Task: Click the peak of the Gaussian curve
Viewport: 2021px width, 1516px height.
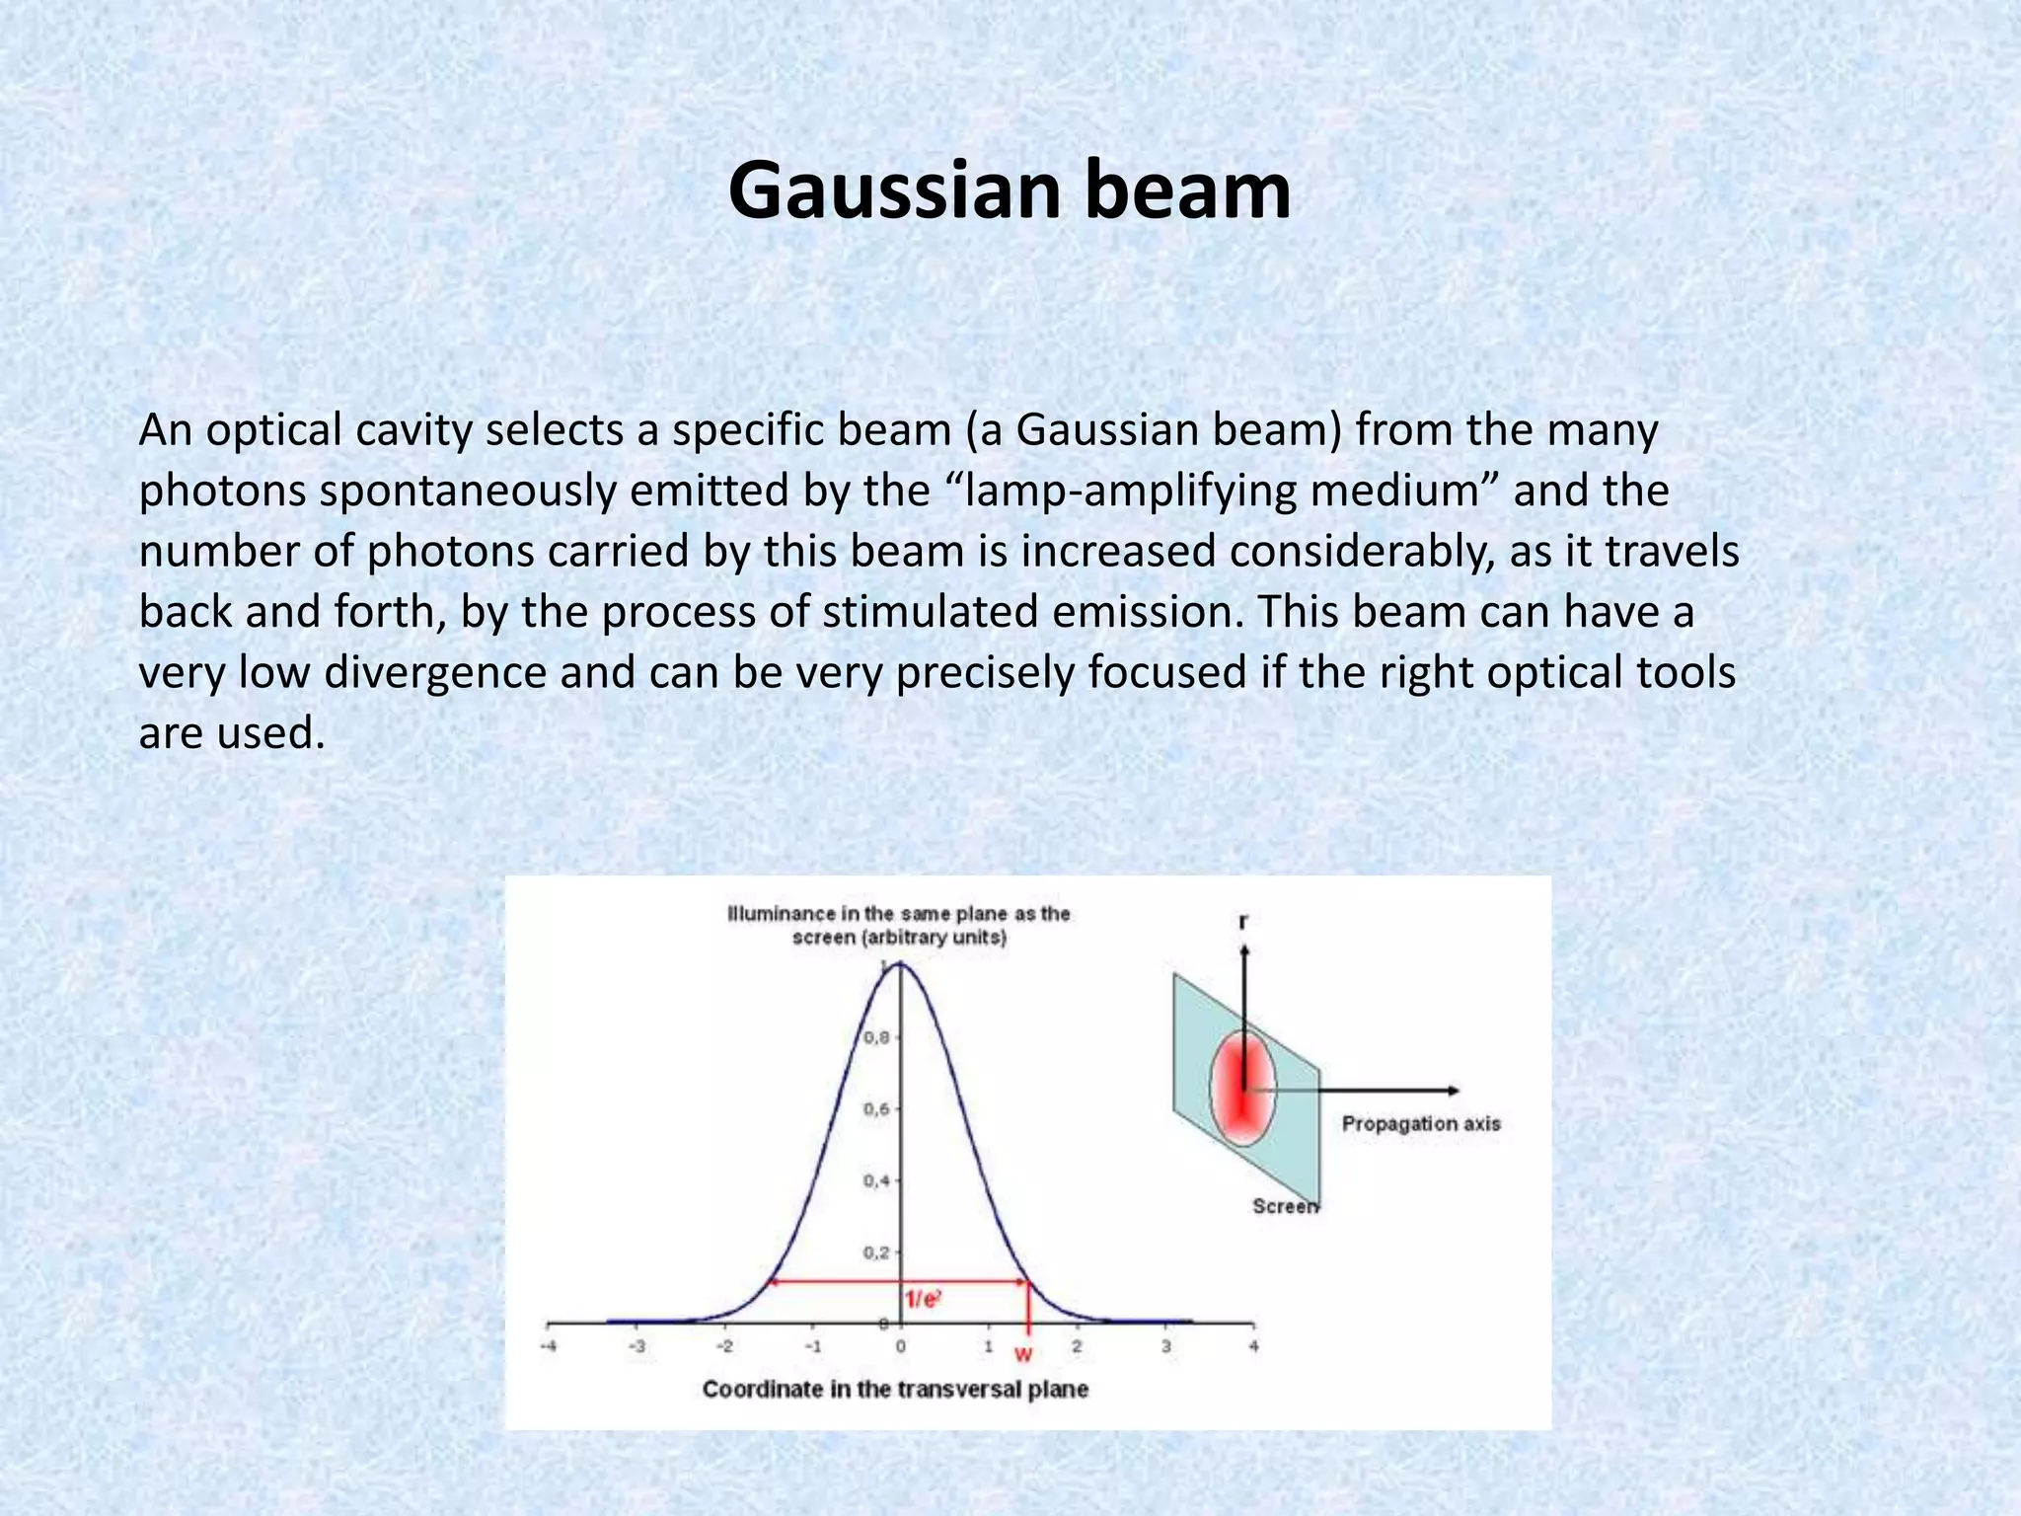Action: [x=900, y=964]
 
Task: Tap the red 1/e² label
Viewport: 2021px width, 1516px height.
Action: [x=923, y=1300]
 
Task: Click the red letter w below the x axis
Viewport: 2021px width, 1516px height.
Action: [x=1023, y=1354]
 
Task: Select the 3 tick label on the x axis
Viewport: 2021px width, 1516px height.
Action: [x=1165, y=1346]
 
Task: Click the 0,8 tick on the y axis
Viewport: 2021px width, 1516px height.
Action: [x=876, y=1037]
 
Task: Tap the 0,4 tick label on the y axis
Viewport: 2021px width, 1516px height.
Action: [x=876, y=1180]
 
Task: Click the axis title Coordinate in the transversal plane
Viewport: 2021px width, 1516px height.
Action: [x=895, y=1390]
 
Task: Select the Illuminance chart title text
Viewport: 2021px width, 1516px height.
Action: [x=899, y=925]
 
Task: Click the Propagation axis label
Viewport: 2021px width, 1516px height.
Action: [x=1420, y=1123]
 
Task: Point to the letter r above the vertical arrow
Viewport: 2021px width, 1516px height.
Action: [x=1243, y=921]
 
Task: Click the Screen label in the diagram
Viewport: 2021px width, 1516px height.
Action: [x=1284, y=1205]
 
